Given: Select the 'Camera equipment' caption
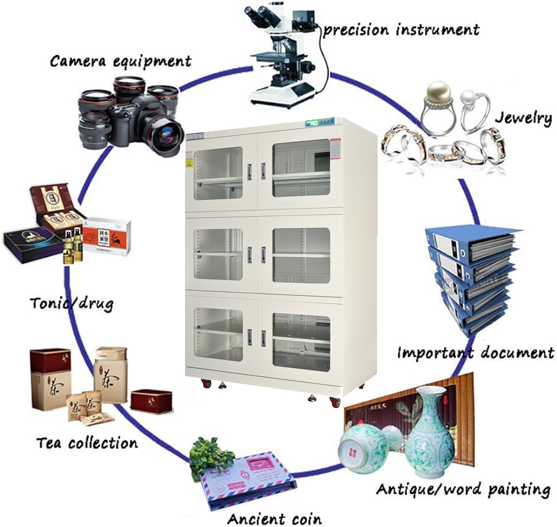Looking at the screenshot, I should (x=120, y=61).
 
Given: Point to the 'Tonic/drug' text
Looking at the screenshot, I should (x=72, y=303).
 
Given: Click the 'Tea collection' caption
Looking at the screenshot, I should (x=87, y=444).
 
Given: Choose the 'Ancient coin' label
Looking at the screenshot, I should (x=274, y=519).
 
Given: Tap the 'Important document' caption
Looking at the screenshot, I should (x=475, y=353).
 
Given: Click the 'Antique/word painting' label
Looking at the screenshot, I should (x=463, y=489).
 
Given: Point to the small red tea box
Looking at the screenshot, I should (x=151, y=401).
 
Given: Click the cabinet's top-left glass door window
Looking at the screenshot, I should (x=218, y=173).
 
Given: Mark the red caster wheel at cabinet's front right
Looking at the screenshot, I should (x=335, y=402).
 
